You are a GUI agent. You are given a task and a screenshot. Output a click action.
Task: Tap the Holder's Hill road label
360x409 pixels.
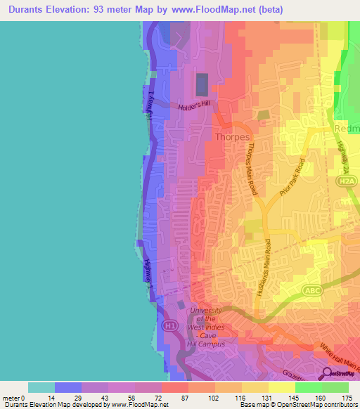[194, 105]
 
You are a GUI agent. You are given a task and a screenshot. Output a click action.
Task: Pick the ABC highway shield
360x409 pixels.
[313, 290]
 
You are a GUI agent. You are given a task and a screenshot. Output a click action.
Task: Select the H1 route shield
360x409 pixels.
[169, 326]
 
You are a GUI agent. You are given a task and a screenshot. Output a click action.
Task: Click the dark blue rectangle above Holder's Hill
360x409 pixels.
[201, 84]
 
